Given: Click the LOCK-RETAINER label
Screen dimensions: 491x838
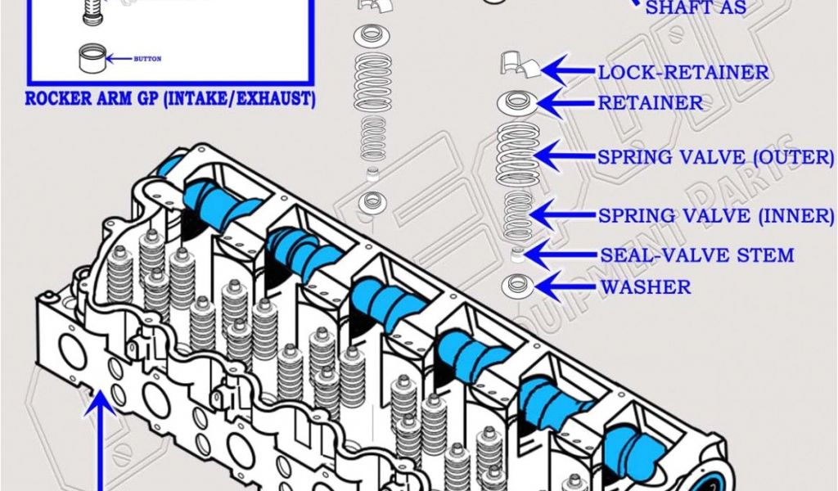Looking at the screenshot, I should (x=683, y=72).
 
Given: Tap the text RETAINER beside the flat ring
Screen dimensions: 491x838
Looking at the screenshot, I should (x=651, y=103).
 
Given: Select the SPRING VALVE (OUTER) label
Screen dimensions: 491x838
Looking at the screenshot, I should (x=715, y=156).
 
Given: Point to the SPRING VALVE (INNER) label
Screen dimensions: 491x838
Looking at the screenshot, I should (x=715, y=216).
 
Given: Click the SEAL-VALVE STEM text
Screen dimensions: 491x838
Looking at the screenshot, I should (x=696, y=255).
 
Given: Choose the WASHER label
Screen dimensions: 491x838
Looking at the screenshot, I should (x=646, y=287).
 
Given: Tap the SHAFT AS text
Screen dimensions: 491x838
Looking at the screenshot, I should (x=696, y=9).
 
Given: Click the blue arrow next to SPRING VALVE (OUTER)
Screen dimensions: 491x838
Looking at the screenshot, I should (x=564, y=154).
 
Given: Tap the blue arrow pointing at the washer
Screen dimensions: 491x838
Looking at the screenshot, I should (x=566, y=286).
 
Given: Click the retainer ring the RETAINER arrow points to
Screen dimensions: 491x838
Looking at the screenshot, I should (x=516, y=103).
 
